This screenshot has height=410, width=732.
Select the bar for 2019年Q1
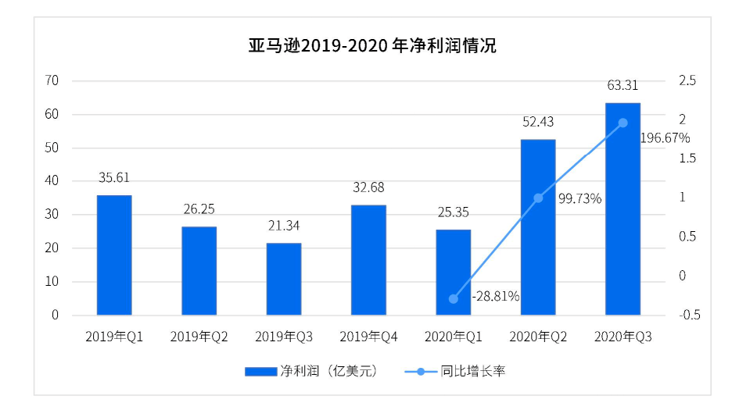point(114,255)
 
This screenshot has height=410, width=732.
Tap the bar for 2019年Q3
point(283,279)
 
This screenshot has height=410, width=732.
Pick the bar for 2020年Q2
point(538,227)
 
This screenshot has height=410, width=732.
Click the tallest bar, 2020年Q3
point(623,209)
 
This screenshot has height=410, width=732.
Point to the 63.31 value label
point(623,85)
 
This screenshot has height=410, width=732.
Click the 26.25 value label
point(199,209)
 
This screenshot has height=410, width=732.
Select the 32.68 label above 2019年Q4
point(368,187)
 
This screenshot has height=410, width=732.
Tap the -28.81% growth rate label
point(495,296)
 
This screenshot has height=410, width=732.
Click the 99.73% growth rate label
point(579,198)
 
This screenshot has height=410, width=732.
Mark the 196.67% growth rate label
point(665,138)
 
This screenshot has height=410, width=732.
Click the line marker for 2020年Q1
point(454,298)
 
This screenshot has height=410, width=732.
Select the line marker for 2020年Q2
point(538,198)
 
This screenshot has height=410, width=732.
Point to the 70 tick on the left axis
point(52,81)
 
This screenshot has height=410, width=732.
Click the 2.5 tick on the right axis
point(687,81)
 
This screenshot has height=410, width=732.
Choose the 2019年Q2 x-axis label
point(199,337)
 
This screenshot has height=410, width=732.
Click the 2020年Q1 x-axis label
point(454,337)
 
